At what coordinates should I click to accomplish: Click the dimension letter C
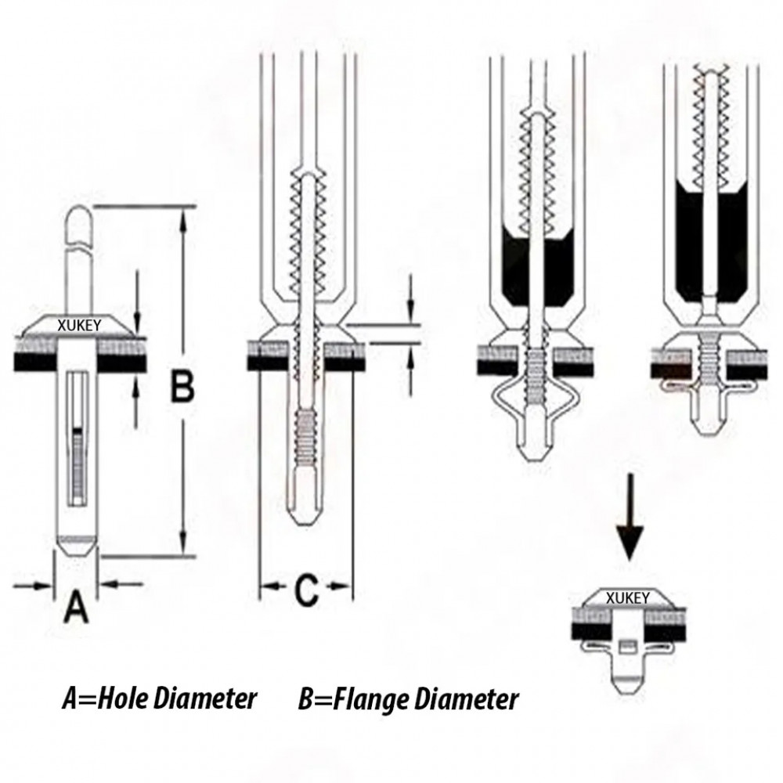click(x=306, y=589)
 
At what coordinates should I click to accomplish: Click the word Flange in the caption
click(x=371, y=698)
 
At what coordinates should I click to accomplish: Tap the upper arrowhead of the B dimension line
click(x=182, y=222)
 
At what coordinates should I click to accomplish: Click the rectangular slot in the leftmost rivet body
click(x=76, y=438)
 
